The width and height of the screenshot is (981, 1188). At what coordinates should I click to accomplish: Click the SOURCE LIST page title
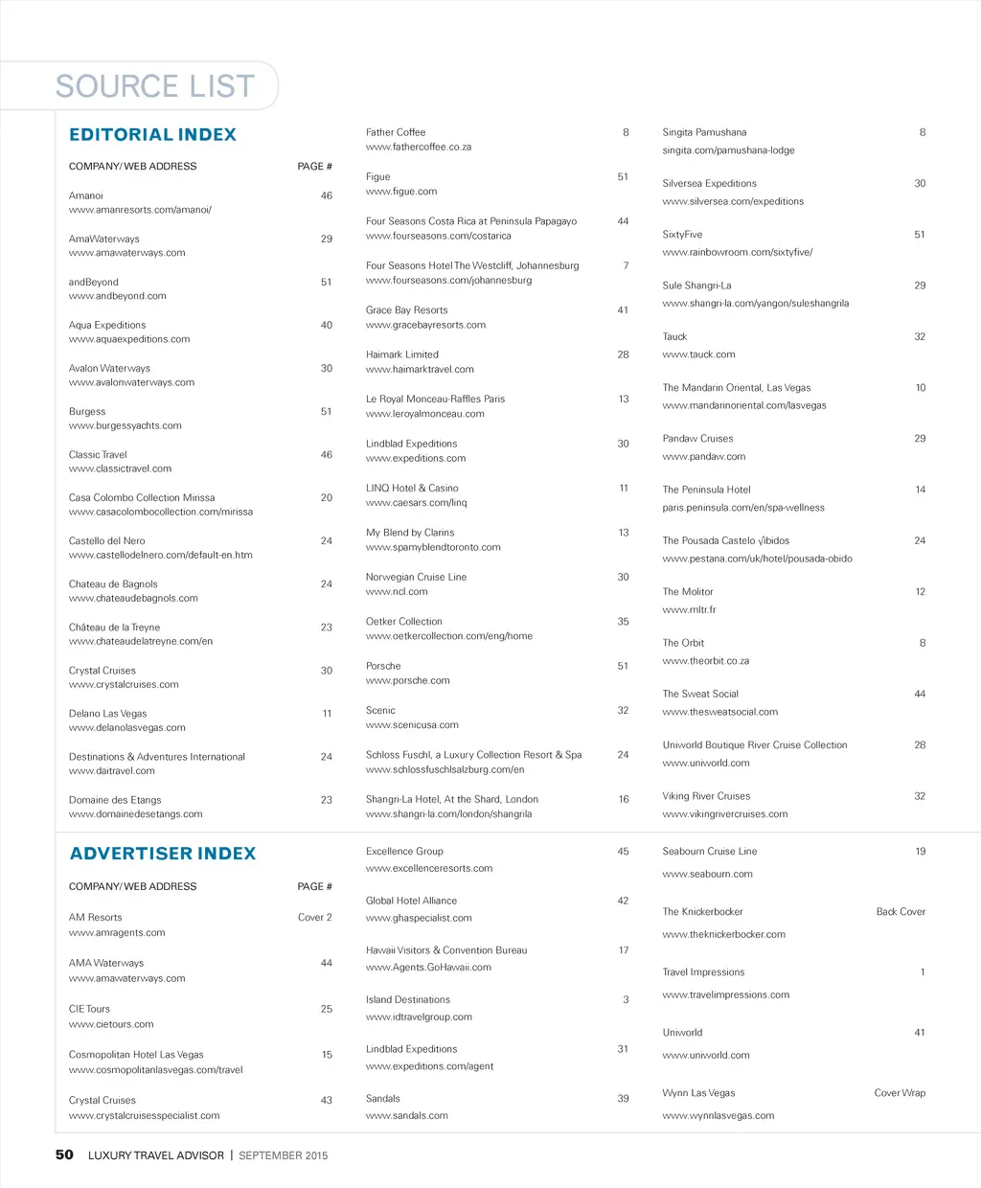pos(155,86)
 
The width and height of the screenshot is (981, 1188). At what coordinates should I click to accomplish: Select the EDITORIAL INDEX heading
pos(152,135)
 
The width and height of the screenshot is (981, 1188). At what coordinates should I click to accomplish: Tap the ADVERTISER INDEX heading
pos(163,854)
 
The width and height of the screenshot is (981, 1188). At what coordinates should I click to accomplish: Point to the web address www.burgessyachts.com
pos(125,425)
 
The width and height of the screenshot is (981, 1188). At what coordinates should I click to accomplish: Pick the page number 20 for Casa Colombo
pos(327,497)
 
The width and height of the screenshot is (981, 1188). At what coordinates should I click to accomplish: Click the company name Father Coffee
pos(396,132)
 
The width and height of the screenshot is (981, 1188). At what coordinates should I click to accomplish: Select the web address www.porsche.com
pos(408,680)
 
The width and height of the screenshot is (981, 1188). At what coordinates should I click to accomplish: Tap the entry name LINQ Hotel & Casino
pos(412,488)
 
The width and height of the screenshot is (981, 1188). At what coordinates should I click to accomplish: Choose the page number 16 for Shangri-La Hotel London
pos(624,799)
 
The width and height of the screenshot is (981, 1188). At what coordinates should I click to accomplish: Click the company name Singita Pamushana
pos(704,132)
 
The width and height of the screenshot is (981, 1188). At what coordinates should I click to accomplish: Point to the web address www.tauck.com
pos(699,354)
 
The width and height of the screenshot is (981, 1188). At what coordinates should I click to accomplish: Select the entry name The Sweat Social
pos(700,694)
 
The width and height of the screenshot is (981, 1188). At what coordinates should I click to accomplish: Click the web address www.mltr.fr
pos(689,609)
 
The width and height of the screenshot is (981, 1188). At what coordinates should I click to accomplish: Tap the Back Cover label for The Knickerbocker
pos(901,911)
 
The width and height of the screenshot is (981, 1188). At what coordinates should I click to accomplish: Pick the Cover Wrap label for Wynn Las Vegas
pos(900,1092)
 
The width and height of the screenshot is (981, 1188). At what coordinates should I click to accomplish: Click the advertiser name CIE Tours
pos(90,1009)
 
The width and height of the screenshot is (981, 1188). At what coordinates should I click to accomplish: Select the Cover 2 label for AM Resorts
pos(315,917)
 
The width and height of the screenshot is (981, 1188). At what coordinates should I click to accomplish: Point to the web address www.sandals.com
pos(407,1115)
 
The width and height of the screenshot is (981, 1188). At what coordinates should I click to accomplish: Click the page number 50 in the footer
pos(64,1154)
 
